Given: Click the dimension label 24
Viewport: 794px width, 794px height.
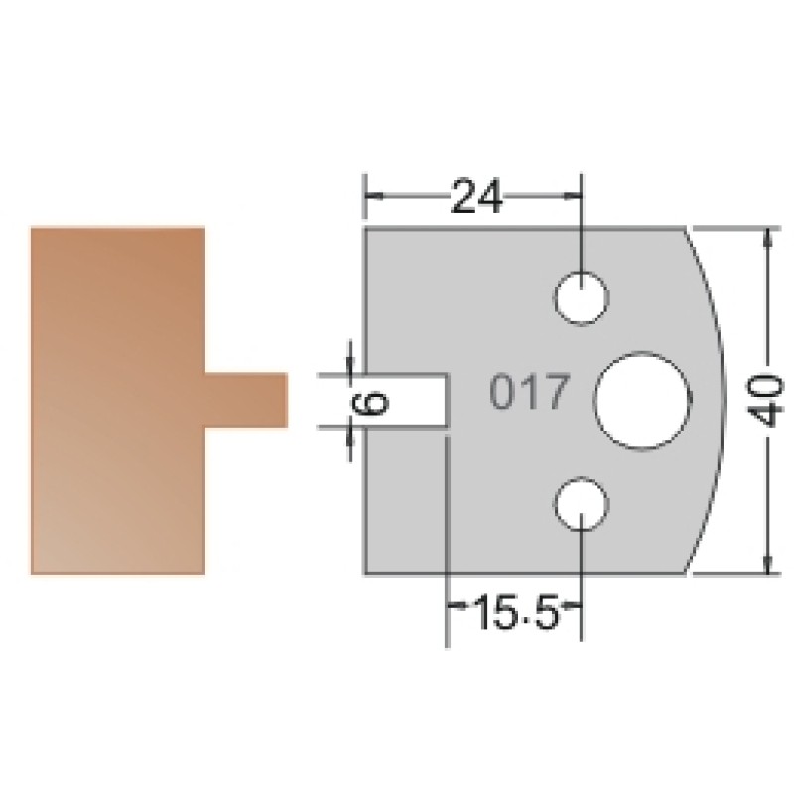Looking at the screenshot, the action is [x=476, y=196].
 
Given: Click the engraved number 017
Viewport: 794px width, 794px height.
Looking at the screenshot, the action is [x=530, y=391].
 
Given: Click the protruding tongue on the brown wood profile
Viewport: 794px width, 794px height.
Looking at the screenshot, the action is [x=246, y=400].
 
